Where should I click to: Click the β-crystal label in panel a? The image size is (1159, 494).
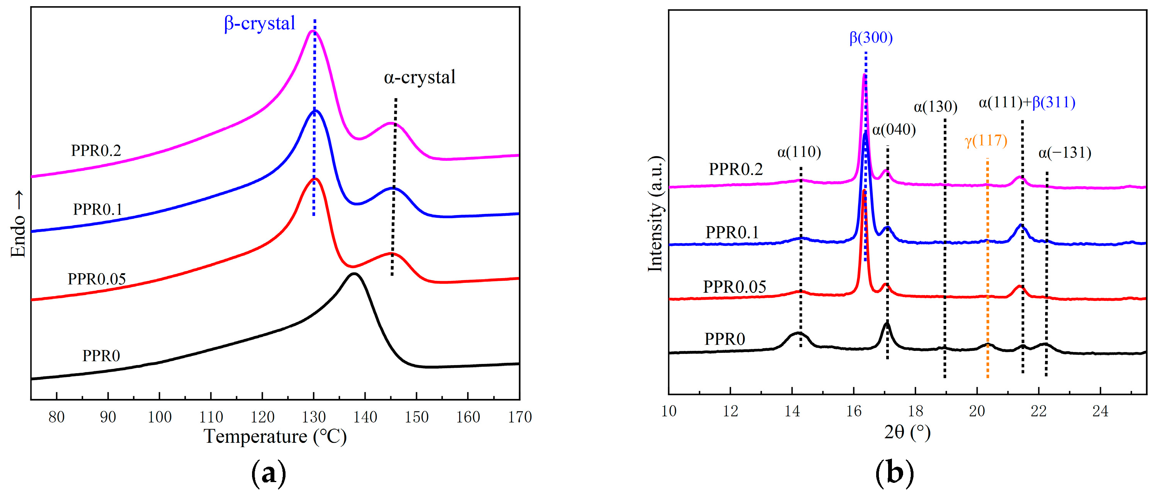click(260, 23)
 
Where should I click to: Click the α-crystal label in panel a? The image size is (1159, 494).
click(419, 77)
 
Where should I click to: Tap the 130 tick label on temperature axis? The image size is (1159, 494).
click(314, 417)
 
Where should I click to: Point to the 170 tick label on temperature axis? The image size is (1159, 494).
click(519, 417)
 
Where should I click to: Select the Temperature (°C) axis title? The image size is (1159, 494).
click(276, 436)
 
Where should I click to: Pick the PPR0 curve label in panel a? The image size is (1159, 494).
click(101, 356)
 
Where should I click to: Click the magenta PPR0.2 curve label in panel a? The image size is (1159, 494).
click(96, 150)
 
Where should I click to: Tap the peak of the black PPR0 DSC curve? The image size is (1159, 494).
click(354, 274)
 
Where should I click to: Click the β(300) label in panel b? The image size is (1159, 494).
click(871, 37)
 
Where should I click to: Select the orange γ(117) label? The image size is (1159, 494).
click(986, 140)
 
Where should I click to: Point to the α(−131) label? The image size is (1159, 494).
click(1064, 153)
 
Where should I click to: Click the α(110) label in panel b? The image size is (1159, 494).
click(799, 152)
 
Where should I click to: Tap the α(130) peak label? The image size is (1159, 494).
click(935, 107)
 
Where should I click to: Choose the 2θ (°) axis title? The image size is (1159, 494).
click(907, 432)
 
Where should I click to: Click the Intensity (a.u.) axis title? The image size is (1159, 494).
click(656, 214)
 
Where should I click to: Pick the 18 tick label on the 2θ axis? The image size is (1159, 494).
click(915, 411)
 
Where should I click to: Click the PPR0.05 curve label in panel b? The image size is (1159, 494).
click(734, 287)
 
